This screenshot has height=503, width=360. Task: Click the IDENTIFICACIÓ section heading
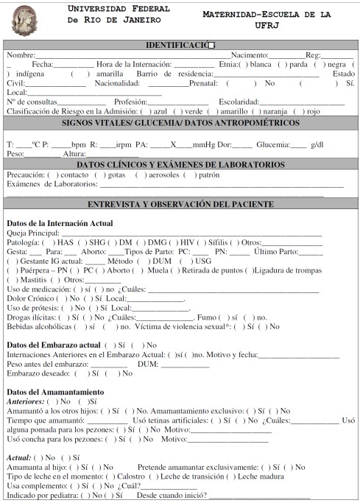180,46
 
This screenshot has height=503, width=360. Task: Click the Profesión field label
113,102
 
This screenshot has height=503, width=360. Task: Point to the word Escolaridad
239,102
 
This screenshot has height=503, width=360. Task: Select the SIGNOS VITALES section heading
180,123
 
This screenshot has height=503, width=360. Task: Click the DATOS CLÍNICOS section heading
180,164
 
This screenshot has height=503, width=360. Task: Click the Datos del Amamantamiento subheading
55,392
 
